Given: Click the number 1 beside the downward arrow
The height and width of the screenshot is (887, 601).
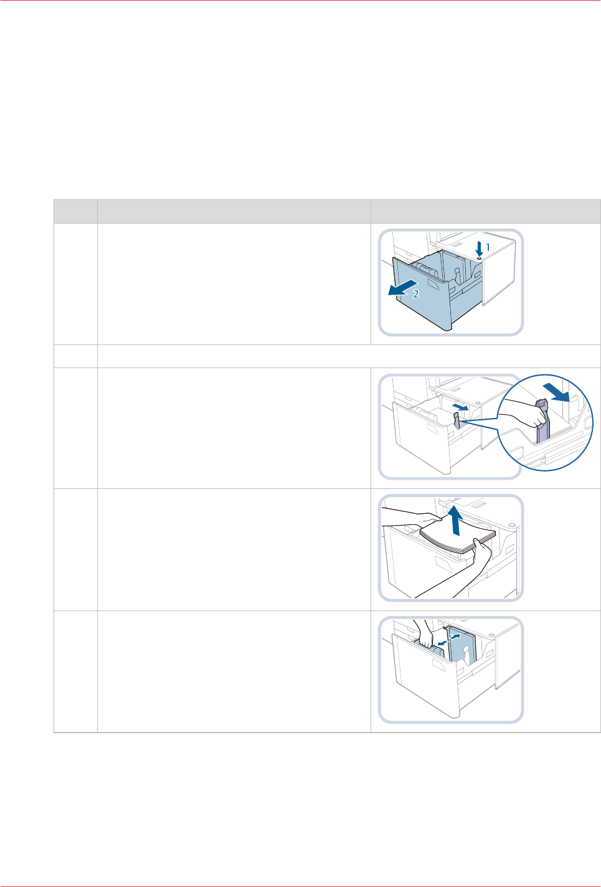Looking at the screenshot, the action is click(x=488, y=248).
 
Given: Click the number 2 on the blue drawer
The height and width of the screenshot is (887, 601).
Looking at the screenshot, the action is click(x=416, y=294).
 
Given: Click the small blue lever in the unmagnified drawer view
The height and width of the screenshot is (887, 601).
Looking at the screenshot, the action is click(x=457, y=421).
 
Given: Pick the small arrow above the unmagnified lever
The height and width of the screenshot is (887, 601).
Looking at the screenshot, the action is click(x=460, y=407).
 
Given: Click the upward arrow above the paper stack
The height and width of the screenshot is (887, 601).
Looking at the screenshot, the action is click(x=456, y=519).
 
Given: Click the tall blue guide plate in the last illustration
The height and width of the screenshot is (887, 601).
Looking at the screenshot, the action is click(x=462, y=645).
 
